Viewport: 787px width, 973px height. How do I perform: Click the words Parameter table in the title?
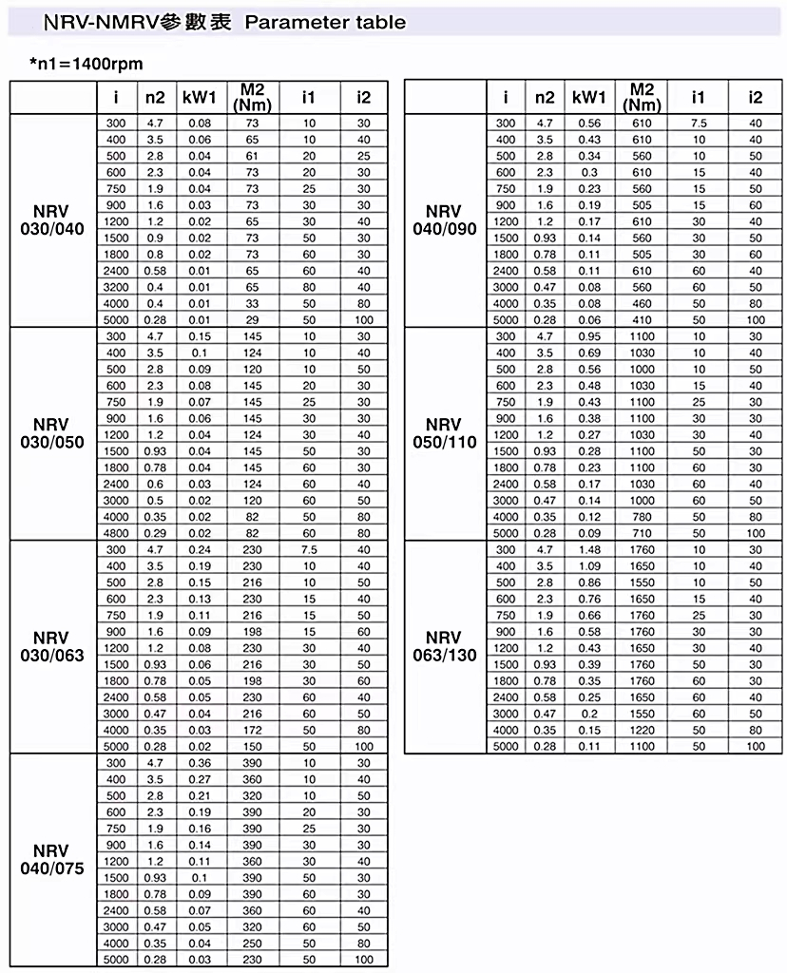[325, 22]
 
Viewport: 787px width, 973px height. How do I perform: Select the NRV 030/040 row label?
[52, 220]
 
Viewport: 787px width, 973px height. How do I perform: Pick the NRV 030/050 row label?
[52, 433]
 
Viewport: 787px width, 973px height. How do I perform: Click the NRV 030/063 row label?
[52, 646]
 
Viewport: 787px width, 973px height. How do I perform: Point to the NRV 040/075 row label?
[52, 859]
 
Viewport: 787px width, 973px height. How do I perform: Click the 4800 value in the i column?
[116, 533]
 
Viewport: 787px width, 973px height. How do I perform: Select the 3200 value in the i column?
[116, 287]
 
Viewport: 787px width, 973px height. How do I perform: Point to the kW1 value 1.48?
[589, 549]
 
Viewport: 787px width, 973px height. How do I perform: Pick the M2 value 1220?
[643, 730]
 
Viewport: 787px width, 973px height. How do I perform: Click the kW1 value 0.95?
[589, 336]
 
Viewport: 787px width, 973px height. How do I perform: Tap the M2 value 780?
[643, 516]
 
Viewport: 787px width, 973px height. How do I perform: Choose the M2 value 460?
[643, 303]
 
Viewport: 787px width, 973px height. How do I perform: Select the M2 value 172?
[252, 730]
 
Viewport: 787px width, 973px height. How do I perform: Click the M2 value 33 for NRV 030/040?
[252, 303]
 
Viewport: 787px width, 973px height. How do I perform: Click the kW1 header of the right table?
[589, 98]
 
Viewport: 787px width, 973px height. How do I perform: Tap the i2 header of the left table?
[364, 98]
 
